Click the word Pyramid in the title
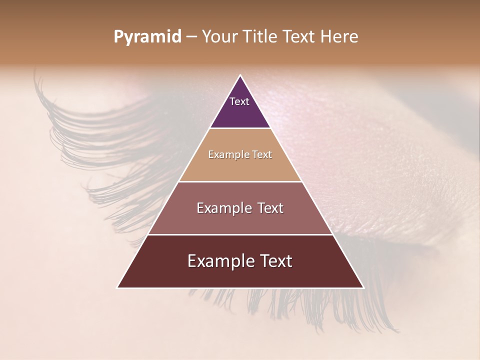(147, 37)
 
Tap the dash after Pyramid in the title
(191, 37)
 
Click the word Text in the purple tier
(239, 101)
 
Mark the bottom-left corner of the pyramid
(117, 287)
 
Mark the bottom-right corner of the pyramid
(363, 287)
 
